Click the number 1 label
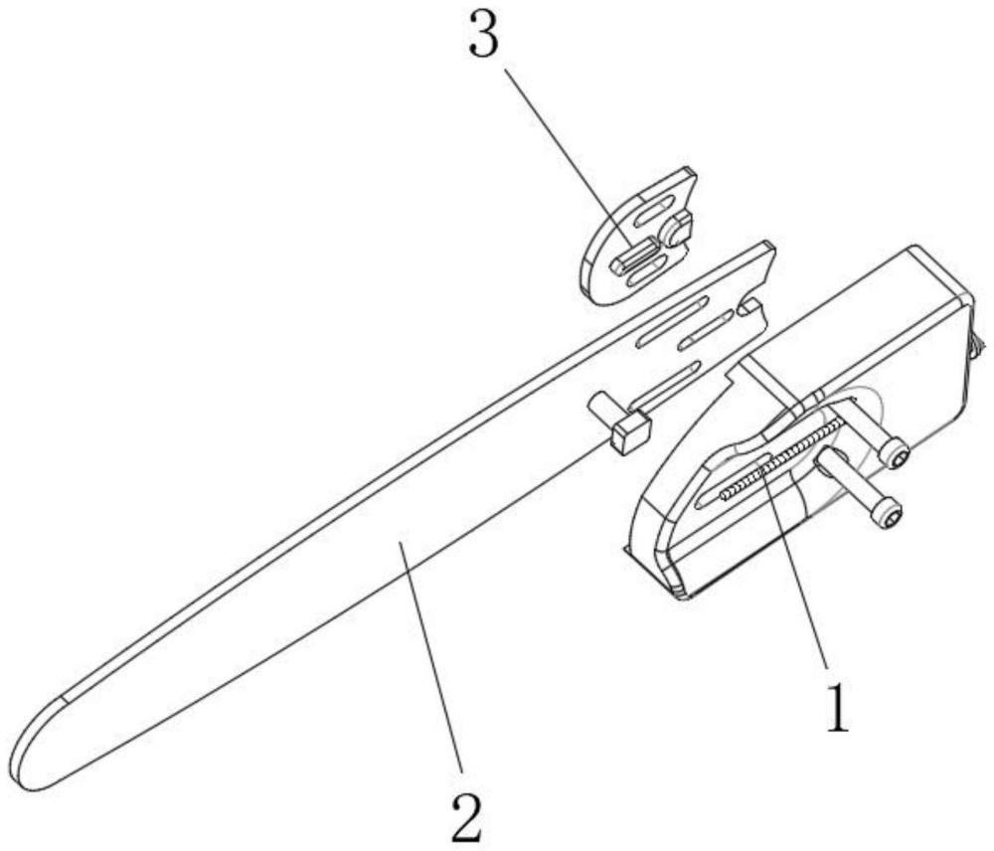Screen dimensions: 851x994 coord(839,707)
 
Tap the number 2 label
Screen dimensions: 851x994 coord(465,818)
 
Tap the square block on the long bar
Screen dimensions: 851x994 coord(630,433)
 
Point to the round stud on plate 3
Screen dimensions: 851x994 coord(679,229)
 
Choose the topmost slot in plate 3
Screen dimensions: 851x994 coord(653,211)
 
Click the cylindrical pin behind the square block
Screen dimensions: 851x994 coord(600,407)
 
